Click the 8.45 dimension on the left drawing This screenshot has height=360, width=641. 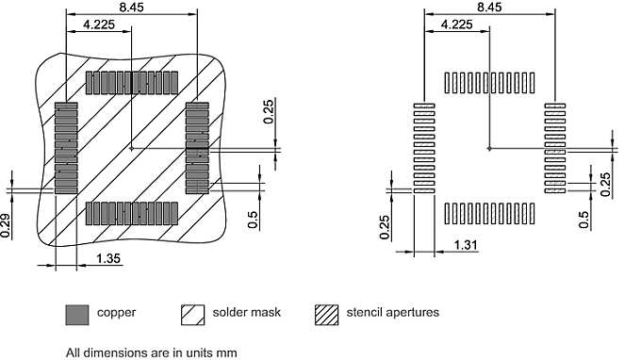click(131, 7)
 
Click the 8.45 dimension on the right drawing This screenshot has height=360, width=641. click(489, 7)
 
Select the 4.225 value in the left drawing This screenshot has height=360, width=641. click(99, 25)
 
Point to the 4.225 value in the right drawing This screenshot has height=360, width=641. click(457, 25)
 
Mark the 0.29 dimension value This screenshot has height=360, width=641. click(6, 225)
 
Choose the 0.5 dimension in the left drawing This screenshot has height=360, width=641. click(253, 219)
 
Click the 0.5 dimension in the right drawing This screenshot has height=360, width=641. click(584, 220)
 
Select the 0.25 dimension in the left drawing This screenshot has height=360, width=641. click(268, 111)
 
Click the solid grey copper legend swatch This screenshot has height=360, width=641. click(76, 314)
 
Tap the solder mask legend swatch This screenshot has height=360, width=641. click(191, 314)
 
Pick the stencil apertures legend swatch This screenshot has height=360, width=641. click(326, 314)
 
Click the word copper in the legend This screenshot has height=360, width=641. click(116, 313)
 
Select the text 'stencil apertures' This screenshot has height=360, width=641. click(393, 313)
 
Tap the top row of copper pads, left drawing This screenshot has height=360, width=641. click(132, 82)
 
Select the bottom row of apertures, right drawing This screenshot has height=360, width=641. click(489, 213)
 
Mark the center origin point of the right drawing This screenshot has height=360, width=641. click(488, 147)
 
